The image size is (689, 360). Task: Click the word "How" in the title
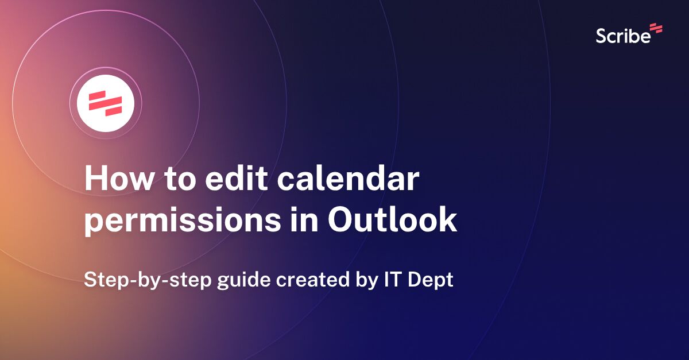tap(114, 180)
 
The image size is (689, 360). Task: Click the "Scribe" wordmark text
tap(623, 36)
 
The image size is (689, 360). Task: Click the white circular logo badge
tap(106, 103)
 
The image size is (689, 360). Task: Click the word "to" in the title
tap(173, 180)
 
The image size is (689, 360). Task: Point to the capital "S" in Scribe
tap(601, 36)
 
